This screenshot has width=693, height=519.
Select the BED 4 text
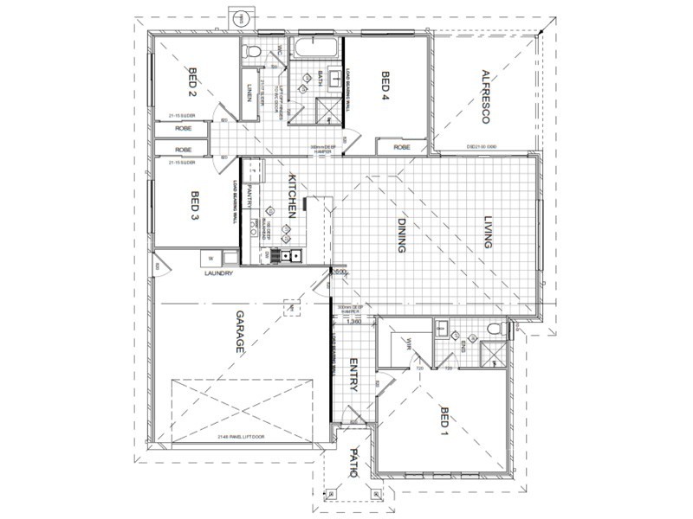tap(385, 86)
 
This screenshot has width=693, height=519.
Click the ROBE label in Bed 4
tap(402, 148)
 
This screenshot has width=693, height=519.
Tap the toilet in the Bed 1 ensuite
tap(495, 330)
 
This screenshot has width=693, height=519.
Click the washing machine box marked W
tap(210, 257)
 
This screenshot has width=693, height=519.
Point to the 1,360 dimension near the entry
tap(353, 322)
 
